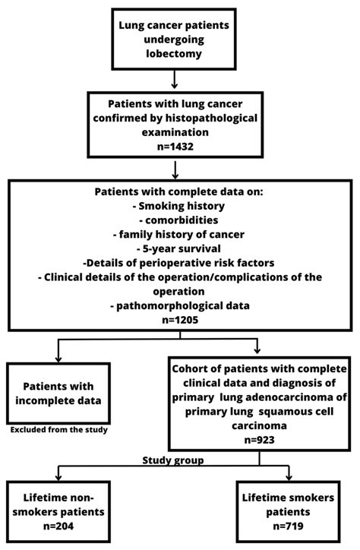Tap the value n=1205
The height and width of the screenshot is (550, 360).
(x=175, y=320)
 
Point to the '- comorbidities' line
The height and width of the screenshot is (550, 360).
(x=175, y=219)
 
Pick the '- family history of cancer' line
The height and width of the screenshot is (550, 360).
(x=175, y=233)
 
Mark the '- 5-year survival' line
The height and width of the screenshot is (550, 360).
(x=175, y=248)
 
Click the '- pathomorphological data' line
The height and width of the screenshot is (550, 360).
(x=175, y=305)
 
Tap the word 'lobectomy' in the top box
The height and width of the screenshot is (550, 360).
(x=175, y=54)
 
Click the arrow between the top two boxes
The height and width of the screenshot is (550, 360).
(x=175, y=78)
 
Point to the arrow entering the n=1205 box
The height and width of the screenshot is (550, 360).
(x=175, y=171)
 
